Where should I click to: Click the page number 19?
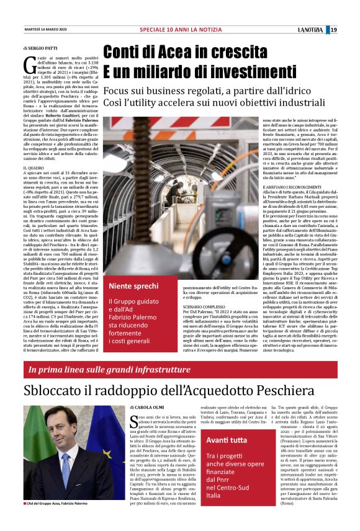click(333, 30)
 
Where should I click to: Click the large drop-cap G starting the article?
click(28, 63)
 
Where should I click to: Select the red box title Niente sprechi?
click(133, 286)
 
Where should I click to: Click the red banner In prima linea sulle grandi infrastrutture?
click(109, 370)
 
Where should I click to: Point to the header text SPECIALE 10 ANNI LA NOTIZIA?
click(179, 30)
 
